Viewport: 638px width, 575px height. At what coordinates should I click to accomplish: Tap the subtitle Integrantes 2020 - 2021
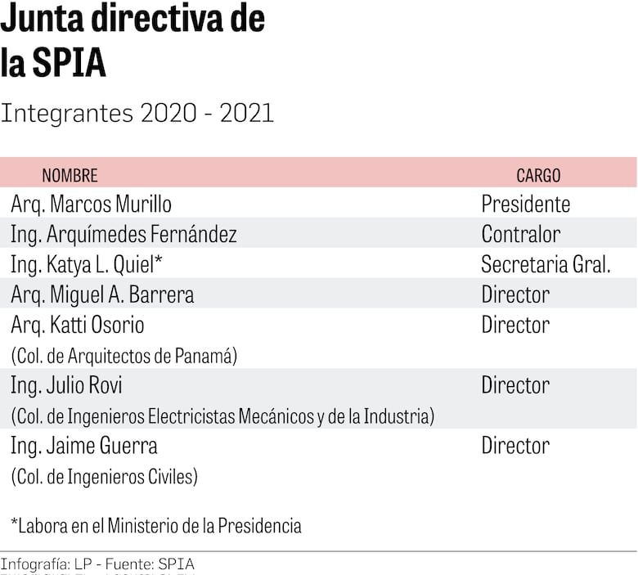click(x=137, y=114)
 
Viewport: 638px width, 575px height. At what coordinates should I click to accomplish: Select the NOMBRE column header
click(x=70, y=175)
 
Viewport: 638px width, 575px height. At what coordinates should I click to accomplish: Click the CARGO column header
click(x=538, y=175)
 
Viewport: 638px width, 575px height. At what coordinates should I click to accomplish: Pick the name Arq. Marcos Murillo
click(x=91, y=204)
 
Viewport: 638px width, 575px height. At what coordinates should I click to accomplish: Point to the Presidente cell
click(x=525, y=204)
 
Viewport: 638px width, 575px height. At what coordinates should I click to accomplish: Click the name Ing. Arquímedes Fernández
click(x=124, y=235)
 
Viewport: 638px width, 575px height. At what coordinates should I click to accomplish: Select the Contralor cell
click(x=520, y=235)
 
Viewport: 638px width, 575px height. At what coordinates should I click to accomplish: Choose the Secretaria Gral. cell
click(x=546, y=265)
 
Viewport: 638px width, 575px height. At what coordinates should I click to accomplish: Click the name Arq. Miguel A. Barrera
click(x=102, y=294)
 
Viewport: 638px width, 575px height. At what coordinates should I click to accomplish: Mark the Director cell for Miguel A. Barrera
click(x=515, y=294)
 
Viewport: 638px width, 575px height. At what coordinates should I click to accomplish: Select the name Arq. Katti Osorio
click(x=78, y=325)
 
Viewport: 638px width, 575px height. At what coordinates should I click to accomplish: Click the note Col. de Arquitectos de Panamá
click(x=124, y=356)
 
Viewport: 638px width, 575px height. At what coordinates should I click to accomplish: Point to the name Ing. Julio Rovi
click(x=66, y=385)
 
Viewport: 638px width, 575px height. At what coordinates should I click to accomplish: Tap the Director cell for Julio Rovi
click(x=515, y=385)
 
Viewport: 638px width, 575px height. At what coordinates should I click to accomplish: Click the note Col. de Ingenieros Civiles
click(x=104, y=476)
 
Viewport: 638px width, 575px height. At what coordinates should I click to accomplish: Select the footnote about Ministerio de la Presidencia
click(x=156, y=526)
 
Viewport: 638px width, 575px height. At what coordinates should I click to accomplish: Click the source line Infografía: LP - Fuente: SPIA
click(x=97, y=564)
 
